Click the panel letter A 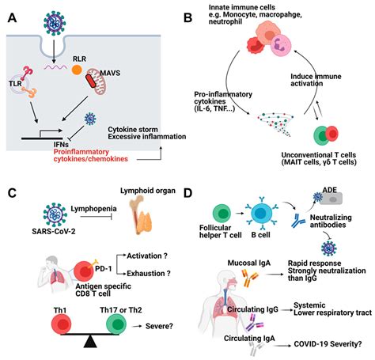tap(13, 18)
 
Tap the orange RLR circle tap(77, 70)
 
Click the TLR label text tap(15, 84)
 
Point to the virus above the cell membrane tap(55, 23)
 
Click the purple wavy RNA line tap(55, 67)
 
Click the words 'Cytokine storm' tap(133, 130)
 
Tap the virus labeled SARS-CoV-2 tap(55, 214)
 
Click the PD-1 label tap(104, 269)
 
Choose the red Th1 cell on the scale tap(61, 324)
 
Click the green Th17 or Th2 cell tap(116, 324)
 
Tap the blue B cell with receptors tap(262, 213)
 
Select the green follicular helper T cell tap(222, 213)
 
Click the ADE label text tap(330, 190)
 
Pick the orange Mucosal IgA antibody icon tap(249, 278)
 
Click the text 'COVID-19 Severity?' tap(328, 344)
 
